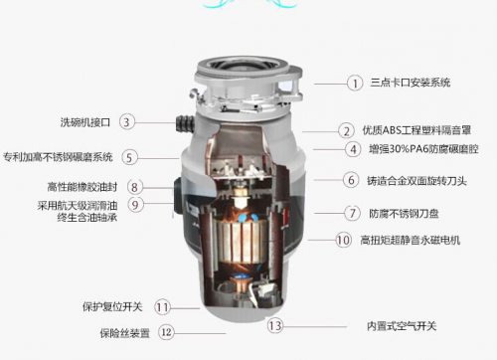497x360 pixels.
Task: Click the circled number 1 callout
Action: coord(355,83)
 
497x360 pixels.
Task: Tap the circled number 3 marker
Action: coord(127,121)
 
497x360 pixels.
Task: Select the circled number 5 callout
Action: coord(129,157)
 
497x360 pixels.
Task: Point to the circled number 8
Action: coord(135,187)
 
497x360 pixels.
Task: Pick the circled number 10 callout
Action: coord(343,240)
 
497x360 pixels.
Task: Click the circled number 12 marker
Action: coord(166,332)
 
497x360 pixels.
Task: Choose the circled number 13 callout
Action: coord(275,325)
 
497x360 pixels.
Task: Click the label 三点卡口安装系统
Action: coord(411,83)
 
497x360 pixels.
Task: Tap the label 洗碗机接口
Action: coord(85,122)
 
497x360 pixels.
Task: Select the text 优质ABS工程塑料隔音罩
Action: coord(416,130)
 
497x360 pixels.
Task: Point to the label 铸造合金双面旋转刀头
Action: coord(416,181)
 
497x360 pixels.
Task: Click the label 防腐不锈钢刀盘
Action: coord(404,214)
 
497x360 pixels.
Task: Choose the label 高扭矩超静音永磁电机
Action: coord(411,240)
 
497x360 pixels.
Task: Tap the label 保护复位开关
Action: coord(112,306)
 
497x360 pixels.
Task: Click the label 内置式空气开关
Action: coord(402,326)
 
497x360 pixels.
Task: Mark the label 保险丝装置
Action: coord(125,333)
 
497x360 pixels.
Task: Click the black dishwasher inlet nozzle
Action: coord(185,124)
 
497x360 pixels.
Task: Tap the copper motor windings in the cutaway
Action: coord(243,240)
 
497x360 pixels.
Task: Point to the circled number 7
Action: coord(352,213)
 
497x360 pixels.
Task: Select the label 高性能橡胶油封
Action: coord(83,187)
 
